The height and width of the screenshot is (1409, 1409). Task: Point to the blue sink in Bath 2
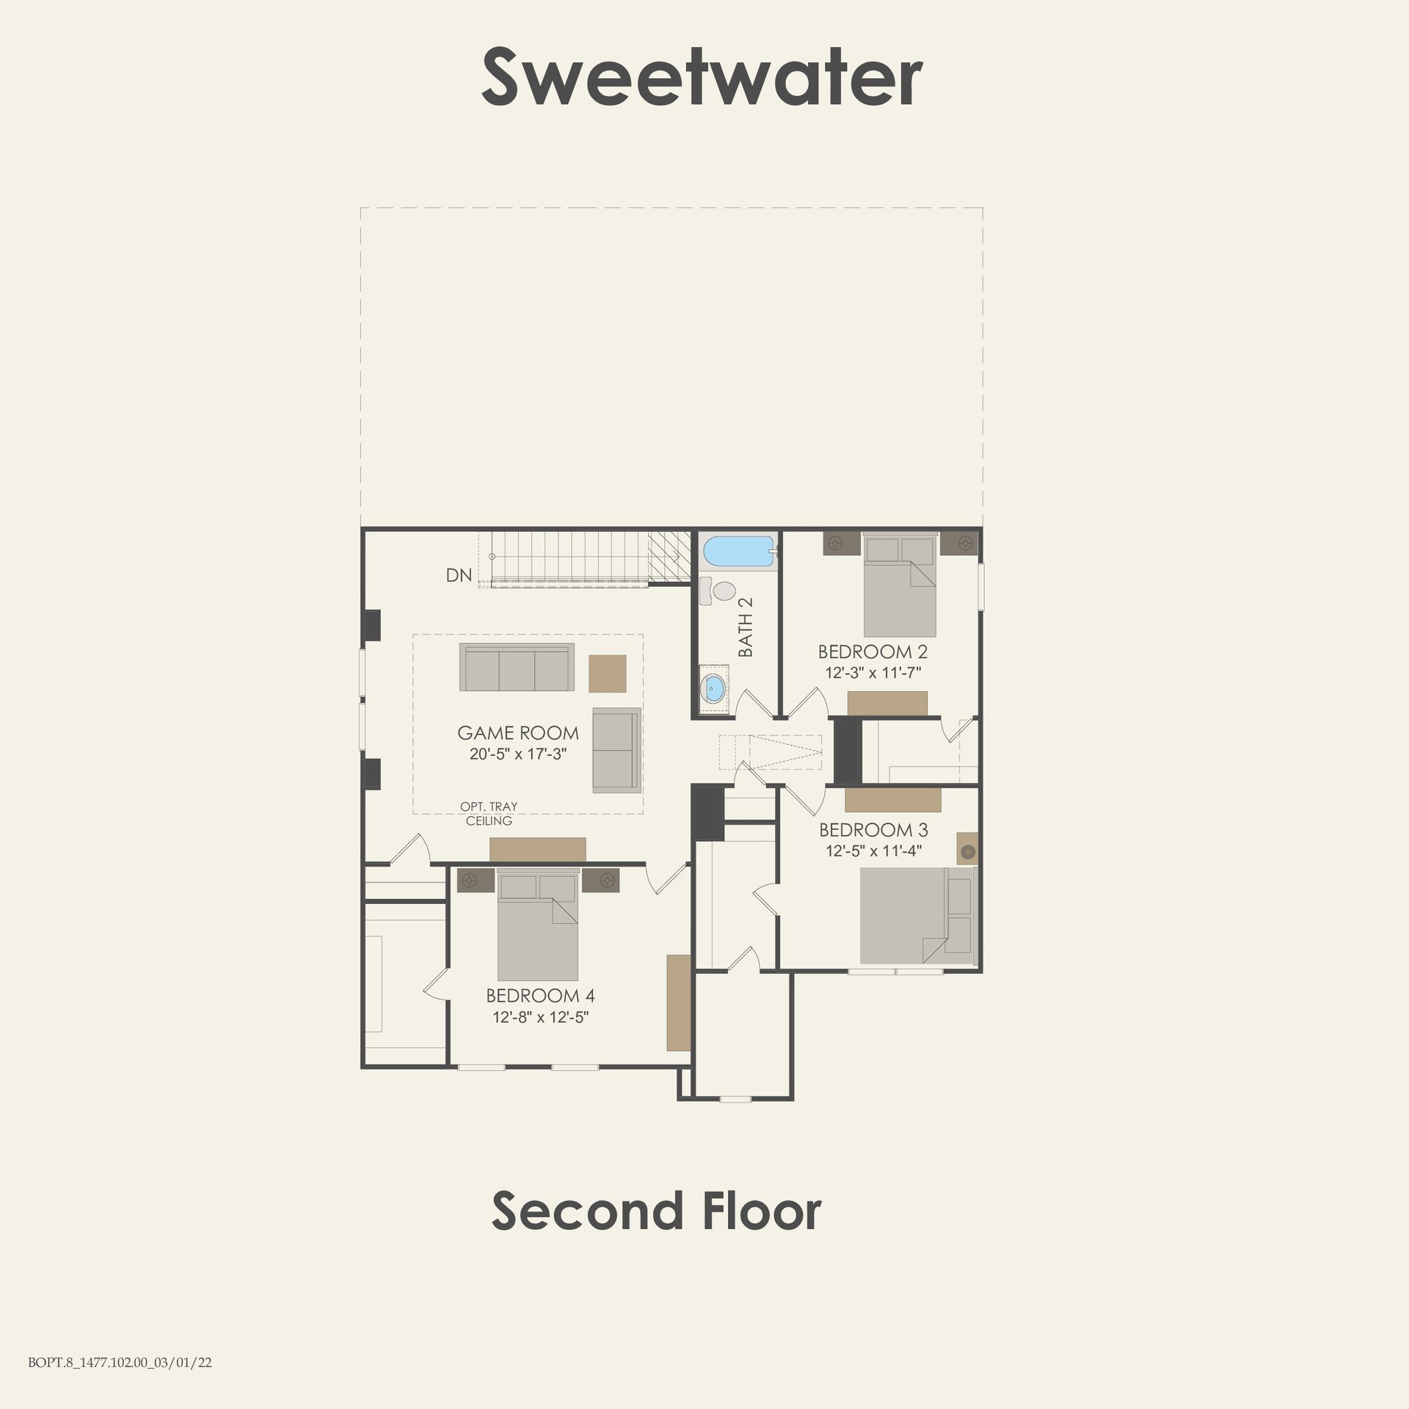point(713,689)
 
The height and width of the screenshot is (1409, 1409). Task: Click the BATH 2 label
point(746,627)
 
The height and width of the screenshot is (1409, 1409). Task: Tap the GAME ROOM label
point(518,732)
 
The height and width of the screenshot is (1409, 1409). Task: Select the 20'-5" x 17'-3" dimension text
point(518,754)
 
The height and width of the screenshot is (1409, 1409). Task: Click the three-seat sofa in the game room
point(517,667)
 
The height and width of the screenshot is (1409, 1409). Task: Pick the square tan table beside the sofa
point(608,674)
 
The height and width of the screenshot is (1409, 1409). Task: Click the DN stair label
point(459,575)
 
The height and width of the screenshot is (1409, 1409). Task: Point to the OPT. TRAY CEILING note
point(489,814)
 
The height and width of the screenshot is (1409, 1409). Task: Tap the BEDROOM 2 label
point(873,651)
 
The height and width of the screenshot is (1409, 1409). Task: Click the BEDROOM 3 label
point(873,830)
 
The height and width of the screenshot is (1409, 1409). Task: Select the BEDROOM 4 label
point(540,996)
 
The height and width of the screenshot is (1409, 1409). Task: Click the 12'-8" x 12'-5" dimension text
point(541,1017)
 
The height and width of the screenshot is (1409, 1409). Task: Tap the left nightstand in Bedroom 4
point(476,880)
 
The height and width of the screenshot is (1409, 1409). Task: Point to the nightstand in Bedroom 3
point(968,848)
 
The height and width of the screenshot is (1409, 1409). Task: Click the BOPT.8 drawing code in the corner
point(120,1363)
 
